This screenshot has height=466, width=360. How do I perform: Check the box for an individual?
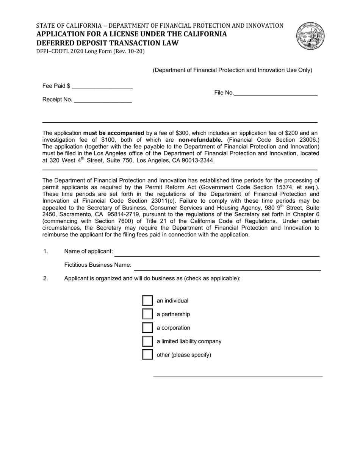tap(147, 300)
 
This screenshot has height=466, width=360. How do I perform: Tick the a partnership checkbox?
tap(147, 314)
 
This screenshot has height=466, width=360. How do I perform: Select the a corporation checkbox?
tap(147, 328)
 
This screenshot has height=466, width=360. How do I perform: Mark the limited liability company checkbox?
tap(147, 341)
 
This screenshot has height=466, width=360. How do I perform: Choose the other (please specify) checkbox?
tap(147, 355)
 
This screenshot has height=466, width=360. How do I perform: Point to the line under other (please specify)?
tap(238, 376)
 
